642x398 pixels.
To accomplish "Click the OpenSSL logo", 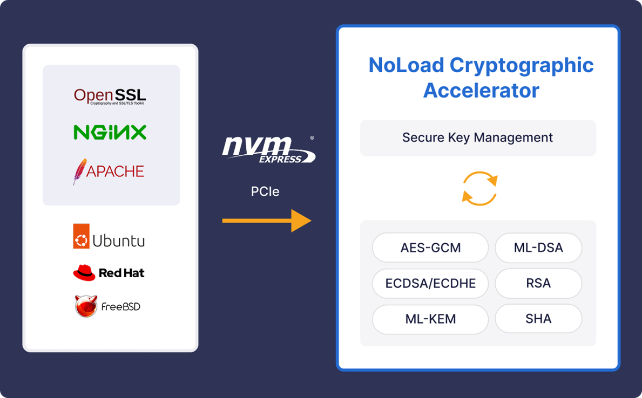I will pos(110,96).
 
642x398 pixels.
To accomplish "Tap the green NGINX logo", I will pos(110,132).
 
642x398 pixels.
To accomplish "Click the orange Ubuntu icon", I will pos(81,237).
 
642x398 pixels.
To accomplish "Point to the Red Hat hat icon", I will pos(84,273).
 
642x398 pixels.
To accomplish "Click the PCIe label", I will pos(265,191).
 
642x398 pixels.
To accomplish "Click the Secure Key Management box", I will pos(478,138).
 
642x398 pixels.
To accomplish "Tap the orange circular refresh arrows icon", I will pos(479,188).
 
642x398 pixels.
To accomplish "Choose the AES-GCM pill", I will pos(430,248).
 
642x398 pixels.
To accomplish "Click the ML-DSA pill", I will pos(538,248).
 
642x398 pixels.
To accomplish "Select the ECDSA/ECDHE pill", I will pos(430,283).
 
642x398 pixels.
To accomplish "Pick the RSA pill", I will pos(538,283).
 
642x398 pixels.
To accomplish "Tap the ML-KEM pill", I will pos(430,319).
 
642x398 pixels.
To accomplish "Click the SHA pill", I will pos(538,319).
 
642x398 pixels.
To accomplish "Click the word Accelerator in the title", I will pos(481,90).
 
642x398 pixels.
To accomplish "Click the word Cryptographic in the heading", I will pos(522,65).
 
